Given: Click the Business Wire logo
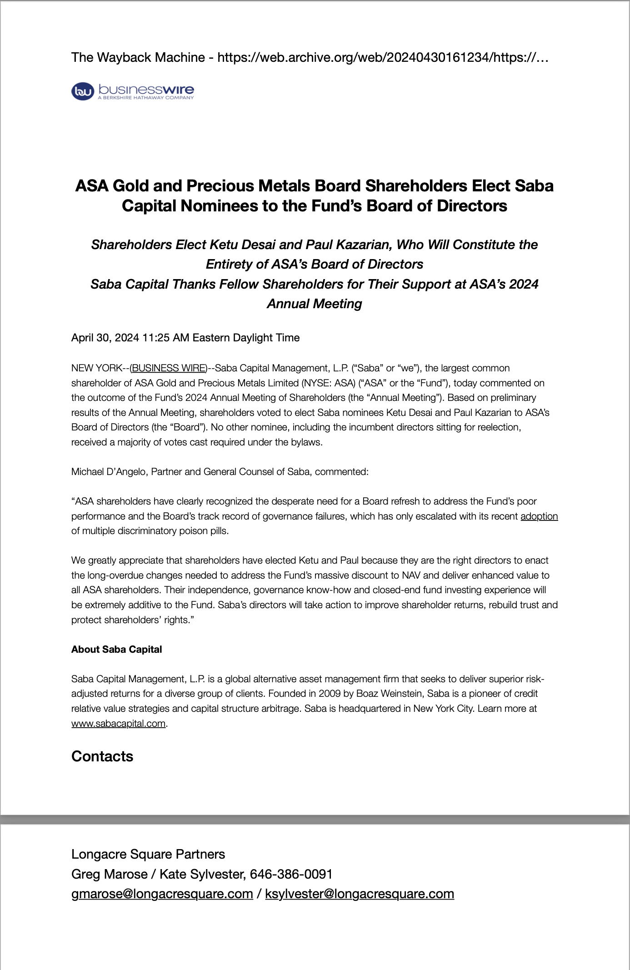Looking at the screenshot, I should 133,91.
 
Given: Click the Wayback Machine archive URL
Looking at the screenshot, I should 383,57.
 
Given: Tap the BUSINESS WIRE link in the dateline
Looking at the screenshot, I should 169,368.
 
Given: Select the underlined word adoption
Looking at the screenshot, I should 539,516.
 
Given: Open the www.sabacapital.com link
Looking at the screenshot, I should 118,723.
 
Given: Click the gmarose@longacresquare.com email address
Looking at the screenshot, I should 162,894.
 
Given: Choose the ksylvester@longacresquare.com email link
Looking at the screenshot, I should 360,894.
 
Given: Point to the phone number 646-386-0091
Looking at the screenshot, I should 291,874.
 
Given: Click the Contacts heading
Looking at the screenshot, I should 102,756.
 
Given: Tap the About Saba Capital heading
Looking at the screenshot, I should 116,649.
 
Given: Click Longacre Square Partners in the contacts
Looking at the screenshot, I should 148,854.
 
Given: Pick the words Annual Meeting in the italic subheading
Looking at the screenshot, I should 315,304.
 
